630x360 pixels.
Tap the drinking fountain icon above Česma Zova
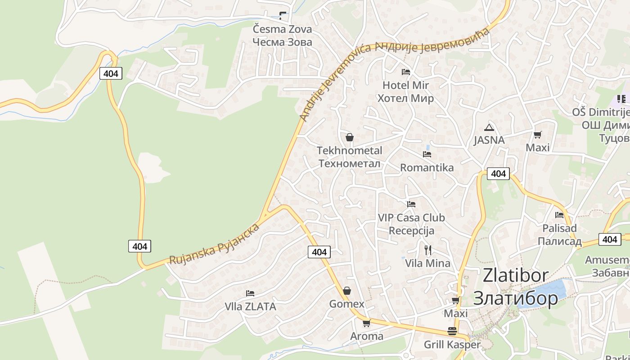(x=282, y=16)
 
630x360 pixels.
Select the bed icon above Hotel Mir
(x=405, y=72)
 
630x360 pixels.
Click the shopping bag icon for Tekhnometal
(x=350, y=137)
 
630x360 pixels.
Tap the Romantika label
(x=427, y=167)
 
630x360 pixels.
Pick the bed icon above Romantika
(x=427, y=154)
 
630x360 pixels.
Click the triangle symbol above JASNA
(x=489, y=127)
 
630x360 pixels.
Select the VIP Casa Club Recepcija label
(x=411, y=224)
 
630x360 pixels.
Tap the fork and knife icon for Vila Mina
(x=427, y=250)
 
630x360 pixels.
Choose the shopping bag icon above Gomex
(x=346, y=291)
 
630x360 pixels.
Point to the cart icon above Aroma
(x=366, y=323)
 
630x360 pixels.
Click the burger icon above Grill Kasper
(x=452, y=332)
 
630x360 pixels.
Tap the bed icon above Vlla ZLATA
(x=250, y=293)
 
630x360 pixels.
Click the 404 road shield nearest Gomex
(x=319, y=252)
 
